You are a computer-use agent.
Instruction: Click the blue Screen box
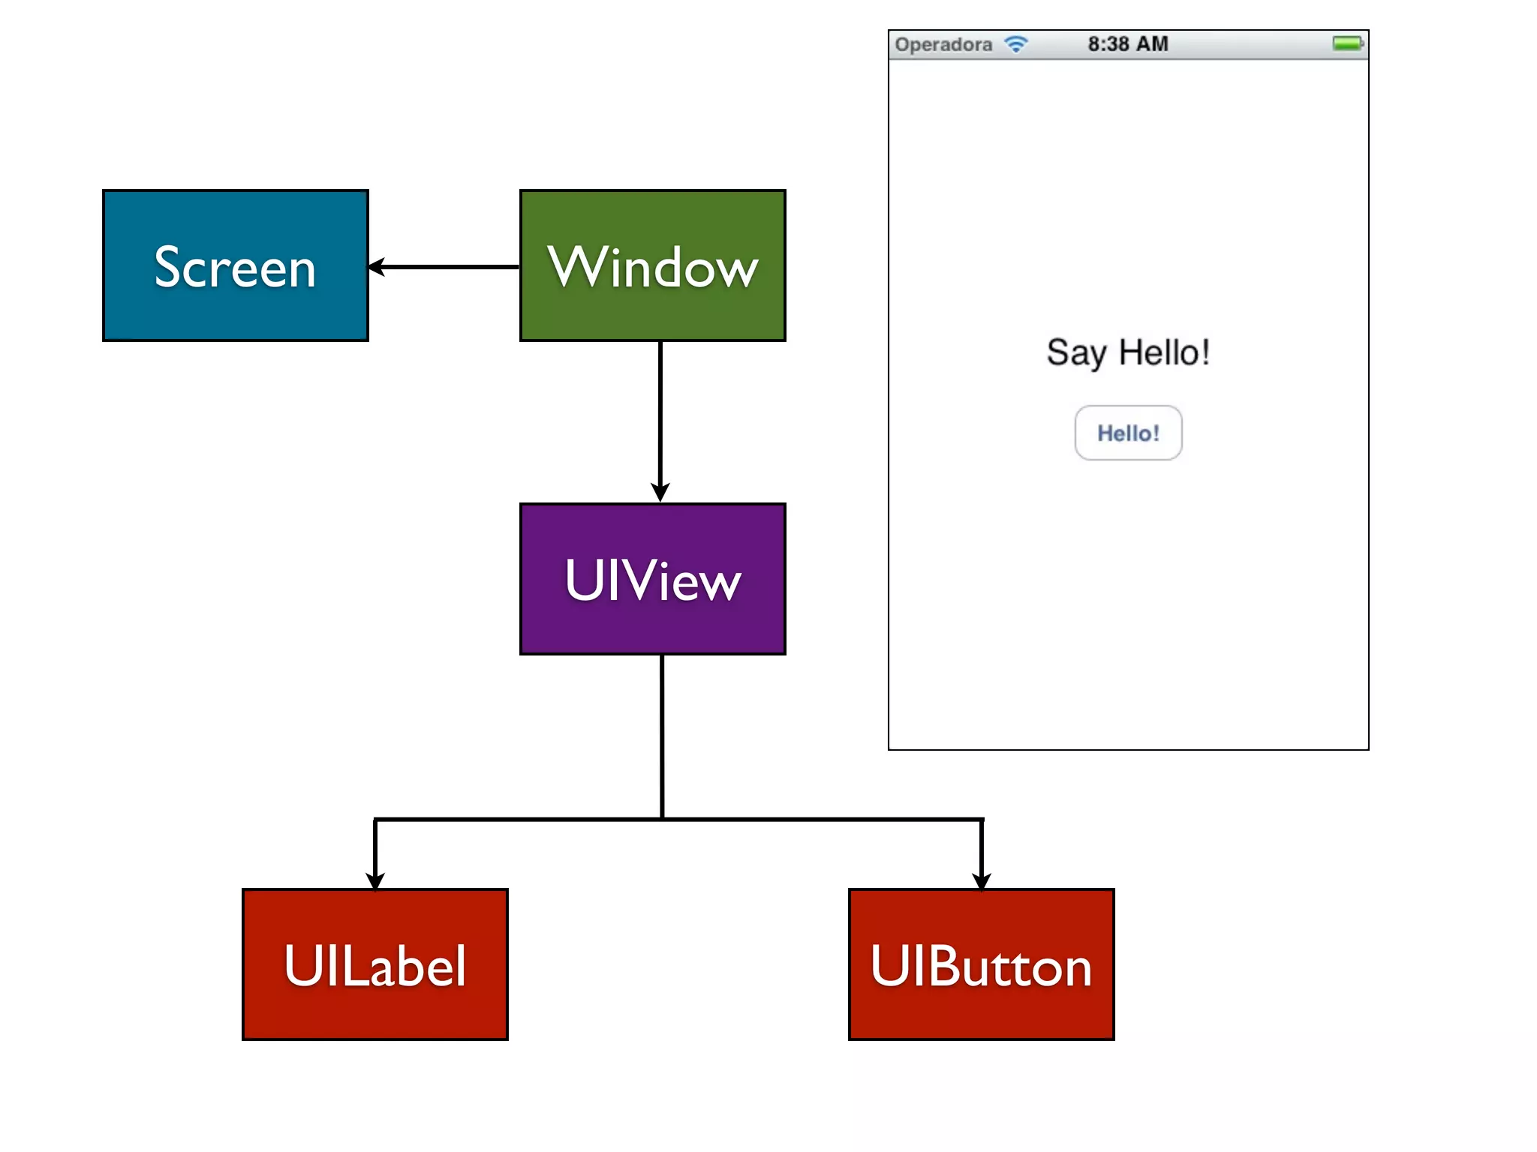[235, 265]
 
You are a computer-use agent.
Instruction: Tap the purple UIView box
[652, 579]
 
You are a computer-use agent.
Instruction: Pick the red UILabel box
[374, 964]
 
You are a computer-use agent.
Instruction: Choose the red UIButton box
[981, 964]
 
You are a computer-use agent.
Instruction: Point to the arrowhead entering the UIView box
[660, 492]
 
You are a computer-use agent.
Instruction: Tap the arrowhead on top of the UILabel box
[374, 880]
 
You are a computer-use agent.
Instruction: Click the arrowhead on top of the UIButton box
[981, 880]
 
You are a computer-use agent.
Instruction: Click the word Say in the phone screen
[1076, 353]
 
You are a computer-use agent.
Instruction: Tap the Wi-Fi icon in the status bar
[1016, 44]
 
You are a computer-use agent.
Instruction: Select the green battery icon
[1348, 43]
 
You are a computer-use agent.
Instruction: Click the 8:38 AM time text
[1128, 44]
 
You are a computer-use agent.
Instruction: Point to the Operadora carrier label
[943, 45]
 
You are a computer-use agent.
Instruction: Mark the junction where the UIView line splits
[662, 819]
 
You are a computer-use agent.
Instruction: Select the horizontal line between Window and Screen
[450, 266]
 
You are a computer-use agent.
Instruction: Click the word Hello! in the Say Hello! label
[1164, 352]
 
